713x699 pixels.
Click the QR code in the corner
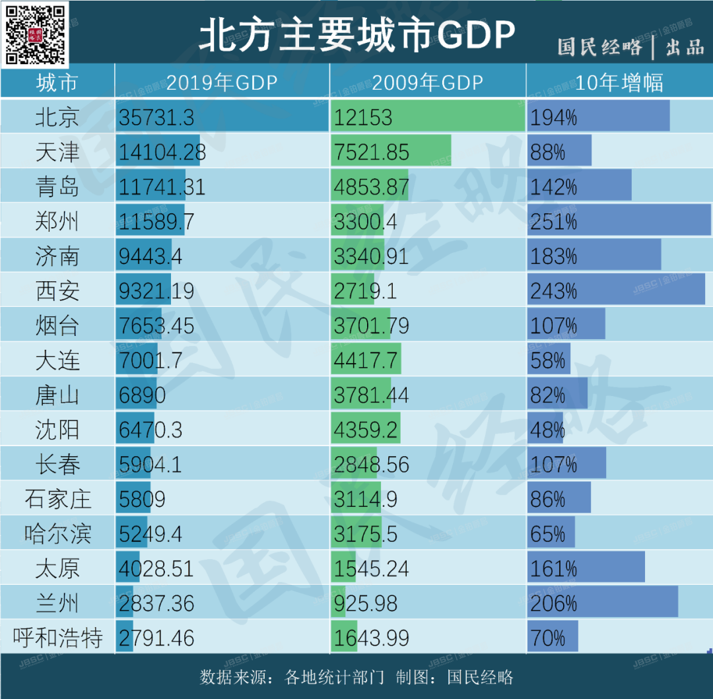pyautogui.click(x=36, y=34)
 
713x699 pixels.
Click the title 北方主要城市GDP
pyautogui.click(x=356, y=34)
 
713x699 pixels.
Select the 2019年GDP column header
pyautogui.click(x=222, y=83)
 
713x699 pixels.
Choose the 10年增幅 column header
pyautogui.click(x=619, y=83)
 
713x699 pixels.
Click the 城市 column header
pyautogui.click(x=57, y=83)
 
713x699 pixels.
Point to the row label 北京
pyautogui.click(x=57, y=117)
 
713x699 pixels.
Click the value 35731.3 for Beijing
pyautogui.click(x=156, y=117)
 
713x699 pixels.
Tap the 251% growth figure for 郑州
pyautogui.click(x=553, y=222)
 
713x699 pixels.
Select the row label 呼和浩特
pyautogui.click(x=57, y=638)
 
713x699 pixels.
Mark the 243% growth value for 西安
pyautogui.click(x=553, y=291)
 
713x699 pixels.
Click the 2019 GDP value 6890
pyautogui.click(x=142, y=395)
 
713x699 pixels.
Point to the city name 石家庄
pyautogui.click(x=57, y=499)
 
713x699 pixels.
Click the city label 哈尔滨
pyautogui.click(x=57, y=534)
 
